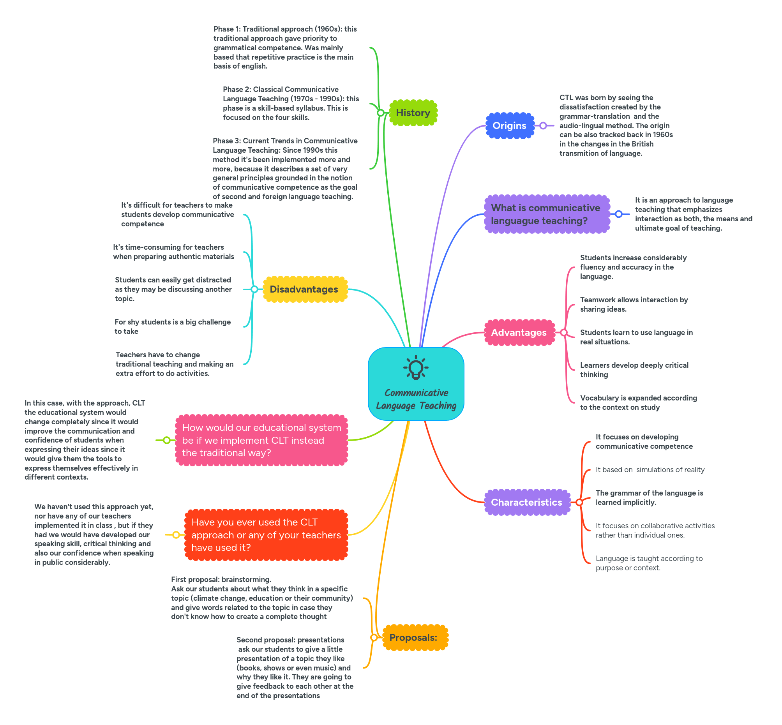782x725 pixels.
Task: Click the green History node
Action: coord(413,113)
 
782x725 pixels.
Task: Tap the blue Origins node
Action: coord(509,125)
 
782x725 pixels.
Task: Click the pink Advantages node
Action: coord(519,332)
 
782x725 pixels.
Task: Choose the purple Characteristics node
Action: coord(526,502)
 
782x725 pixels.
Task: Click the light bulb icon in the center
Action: coord(415,368)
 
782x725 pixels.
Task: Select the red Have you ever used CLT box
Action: coord(266,535)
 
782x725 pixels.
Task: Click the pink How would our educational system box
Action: coord(261,440)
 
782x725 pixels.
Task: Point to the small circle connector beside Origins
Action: coord(543,125)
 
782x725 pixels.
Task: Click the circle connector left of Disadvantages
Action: coord(254,289)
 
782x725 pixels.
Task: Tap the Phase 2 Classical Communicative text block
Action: coord(290,103)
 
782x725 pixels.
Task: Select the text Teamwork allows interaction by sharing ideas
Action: coord(633,304)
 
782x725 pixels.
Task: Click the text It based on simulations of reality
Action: coord(650,469)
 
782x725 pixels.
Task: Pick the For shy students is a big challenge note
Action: coord(173,326)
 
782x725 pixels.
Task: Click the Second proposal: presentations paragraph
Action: coord(294,667)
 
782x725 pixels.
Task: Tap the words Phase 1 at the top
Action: coord(226,29)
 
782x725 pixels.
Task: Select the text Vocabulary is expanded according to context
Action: coord(638,402)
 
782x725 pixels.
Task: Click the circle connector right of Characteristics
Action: coord(579,502)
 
